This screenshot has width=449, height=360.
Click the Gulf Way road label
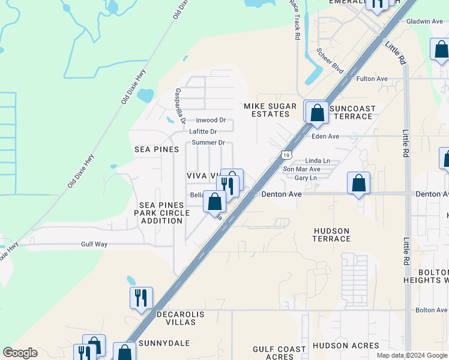(94, 244)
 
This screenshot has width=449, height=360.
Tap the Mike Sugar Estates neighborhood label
(270, 110)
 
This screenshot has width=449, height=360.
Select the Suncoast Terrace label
(352, 113)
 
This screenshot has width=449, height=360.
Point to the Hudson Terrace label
(331, 235)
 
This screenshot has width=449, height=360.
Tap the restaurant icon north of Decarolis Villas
(142, 298)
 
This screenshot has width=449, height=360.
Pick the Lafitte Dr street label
(202, 131)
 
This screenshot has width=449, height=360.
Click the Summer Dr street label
(208, 143)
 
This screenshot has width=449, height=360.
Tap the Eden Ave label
(325, 136)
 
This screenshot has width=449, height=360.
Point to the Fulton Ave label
(372, 79)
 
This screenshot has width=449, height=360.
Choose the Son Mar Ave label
(301, 169)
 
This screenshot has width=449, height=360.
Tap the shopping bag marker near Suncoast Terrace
(316, 112)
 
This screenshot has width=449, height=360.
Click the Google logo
(20, 353)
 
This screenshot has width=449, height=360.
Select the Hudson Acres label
(346, 346)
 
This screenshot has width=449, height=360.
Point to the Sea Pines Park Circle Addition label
(161, 213)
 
